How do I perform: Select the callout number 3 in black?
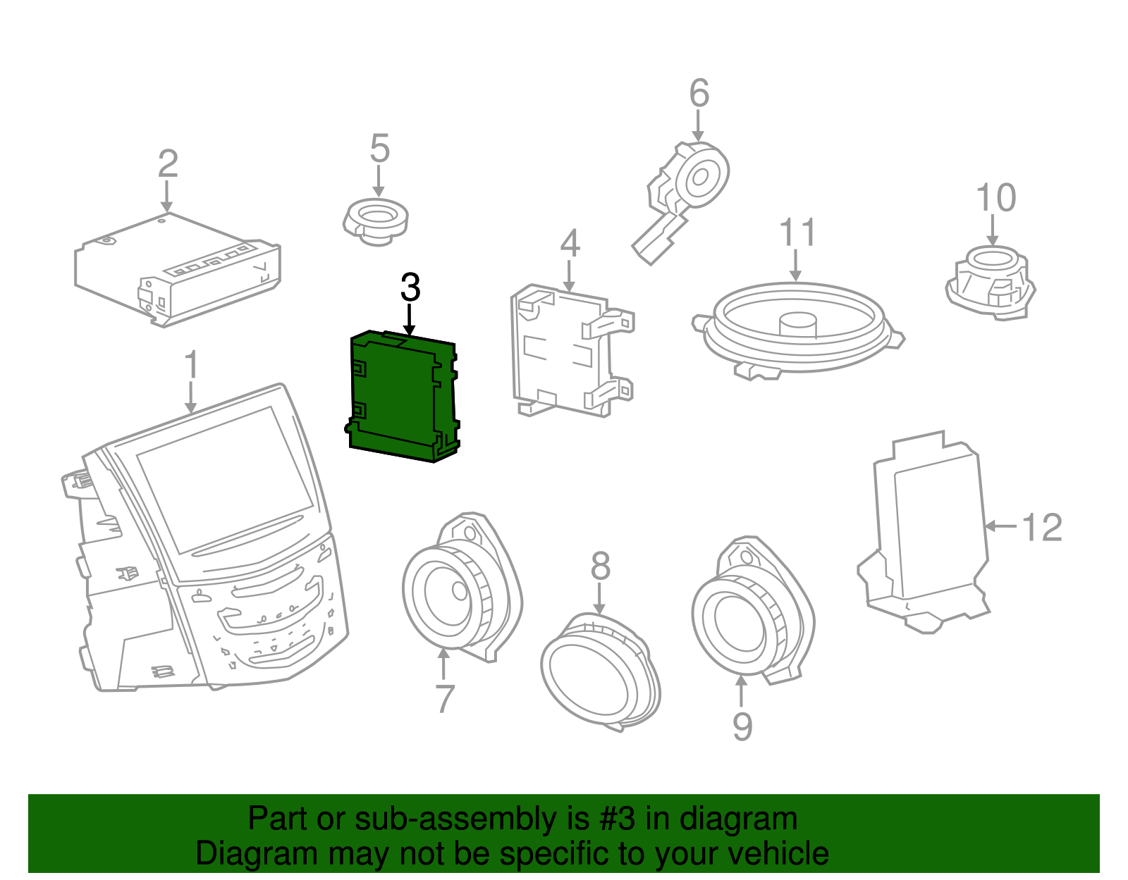(410, 287)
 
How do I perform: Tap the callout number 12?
(1041, 527)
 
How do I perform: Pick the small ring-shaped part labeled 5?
(376, 221)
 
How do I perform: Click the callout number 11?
(797, 233)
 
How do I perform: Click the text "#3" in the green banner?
(617, 819)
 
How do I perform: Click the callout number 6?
(698, 94)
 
